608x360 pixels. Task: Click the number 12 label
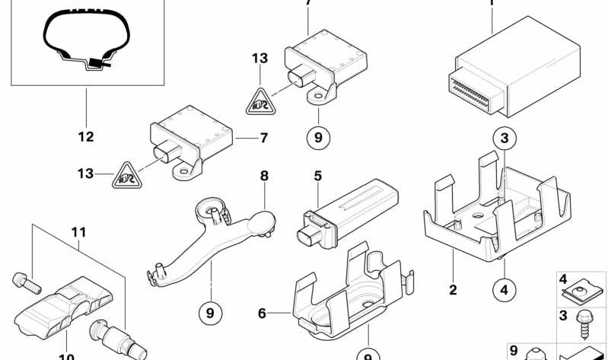point(85,137)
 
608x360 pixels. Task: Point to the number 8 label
point(264,176)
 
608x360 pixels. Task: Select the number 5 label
point(317,177)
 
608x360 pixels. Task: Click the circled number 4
point(505,288)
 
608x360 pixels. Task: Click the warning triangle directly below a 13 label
point(260,101)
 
